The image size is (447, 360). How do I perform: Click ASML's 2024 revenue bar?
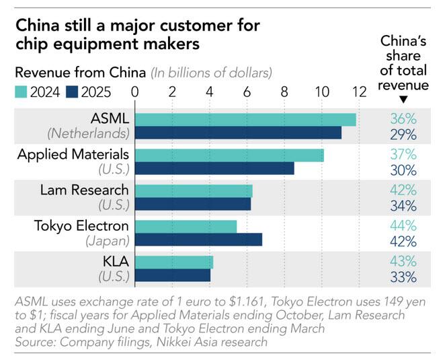(x=246, y=119)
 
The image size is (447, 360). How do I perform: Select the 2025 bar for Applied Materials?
(x=215, y=168)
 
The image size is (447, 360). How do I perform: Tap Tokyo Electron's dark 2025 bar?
(x=199, y=239)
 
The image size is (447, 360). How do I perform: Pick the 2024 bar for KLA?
(x=175, y=262)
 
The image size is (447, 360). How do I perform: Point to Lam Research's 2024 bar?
(x=194, y=190)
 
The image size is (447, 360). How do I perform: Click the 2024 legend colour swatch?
(x=23, y=90)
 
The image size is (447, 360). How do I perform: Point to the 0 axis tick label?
(x=136, y=91)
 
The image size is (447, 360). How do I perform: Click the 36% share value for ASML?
(x=403, y=119)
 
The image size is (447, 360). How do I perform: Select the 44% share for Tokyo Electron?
(x=403, y=226)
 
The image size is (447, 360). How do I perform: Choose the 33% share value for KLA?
(x=403, y=276)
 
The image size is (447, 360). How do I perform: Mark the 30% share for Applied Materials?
(x=403, y=169)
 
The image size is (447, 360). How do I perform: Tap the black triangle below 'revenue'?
(x=403, y=100)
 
